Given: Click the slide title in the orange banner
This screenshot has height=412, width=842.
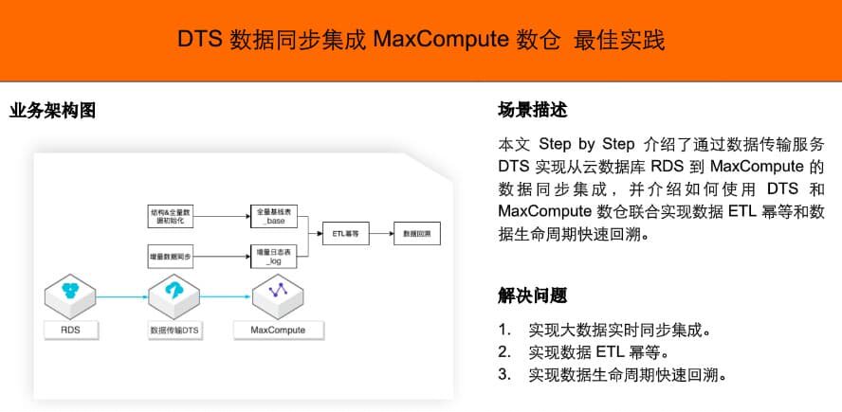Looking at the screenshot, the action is pos(421,40).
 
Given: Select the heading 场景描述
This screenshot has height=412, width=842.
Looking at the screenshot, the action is pos(532,110).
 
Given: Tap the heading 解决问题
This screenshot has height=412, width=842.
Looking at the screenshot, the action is pos(532,296).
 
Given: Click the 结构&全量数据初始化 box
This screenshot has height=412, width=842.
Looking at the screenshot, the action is pos(172,215).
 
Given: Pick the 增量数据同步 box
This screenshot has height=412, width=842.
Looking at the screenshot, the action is pos(172,255).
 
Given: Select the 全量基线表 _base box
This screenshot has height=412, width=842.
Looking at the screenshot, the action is pos(275,215).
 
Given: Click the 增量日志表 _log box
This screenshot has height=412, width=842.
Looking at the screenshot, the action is pos(275,255).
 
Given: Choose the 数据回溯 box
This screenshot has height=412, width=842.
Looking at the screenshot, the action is pos(416,233).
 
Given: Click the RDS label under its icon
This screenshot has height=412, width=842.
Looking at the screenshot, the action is pos(70,331).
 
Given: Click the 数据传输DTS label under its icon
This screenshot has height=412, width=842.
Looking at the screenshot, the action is pos(174,331).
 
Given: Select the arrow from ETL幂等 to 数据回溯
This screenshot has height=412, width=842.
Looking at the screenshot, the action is pos(381,233).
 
